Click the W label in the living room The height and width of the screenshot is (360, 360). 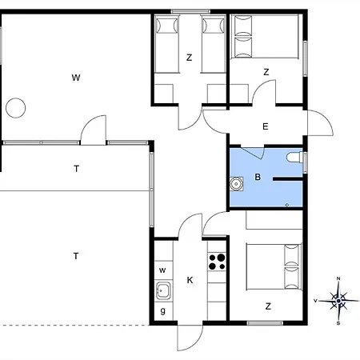pos(76,78)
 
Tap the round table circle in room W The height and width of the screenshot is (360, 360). pos(16,108)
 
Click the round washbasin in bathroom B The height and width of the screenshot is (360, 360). pos(236,184)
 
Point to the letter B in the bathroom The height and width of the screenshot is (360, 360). pos(258,177)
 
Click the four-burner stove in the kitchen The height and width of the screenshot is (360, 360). pos(217,262)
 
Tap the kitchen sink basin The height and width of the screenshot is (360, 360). pos(163,290)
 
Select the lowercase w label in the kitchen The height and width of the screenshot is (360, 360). pos(162,270)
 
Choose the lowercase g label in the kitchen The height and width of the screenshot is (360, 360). pos(163,310)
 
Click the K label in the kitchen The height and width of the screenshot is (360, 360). pos(190,280)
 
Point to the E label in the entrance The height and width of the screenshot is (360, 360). pos(266,126)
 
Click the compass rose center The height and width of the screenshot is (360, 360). pos(338,301)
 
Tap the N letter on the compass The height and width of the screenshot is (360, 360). pos(338,278)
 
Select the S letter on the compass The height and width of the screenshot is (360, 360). pos(338,323)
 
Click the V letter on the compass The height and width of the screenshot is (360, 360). pos(315,301)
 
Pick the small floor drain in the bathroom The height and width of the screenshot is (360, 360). pos(287,205)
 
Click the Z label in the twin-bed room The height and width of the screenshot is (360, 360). pos(190,58)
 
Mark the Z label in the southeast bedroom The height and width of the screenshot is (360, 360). pos(268,306)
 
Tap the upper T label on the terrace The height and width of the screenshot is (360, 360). pos(76,169)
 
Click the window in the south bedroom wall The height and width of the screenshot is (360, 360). pos(265,323)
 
